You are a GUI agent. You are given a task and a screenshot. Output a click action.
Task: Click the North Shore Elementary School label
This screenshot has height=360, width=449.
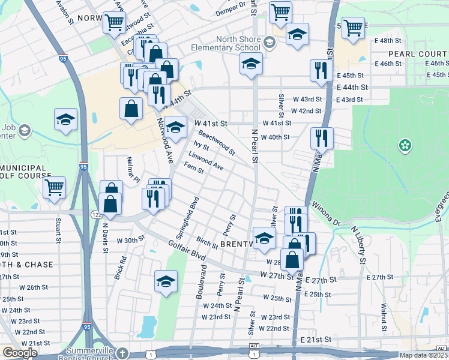pos(226,43)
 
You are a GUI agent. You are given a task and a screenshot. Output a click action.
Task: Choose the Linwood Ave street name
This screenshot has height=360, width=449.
pos(206,160)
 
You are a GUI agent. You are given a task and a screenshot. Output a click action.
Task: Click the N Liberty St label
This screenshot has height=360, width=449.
pos(358,244)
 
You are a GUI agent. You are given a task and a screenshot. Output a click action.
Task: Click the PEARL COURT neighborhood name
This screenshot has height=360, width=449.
pos(418,53)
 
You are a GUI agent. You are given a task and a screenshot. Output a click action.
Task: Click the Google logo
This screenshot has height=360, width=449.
pos(20,353)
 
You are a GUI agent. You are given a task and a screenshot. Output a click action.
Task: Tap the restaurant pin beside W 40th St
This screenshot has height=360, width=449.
pos(322,138)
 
